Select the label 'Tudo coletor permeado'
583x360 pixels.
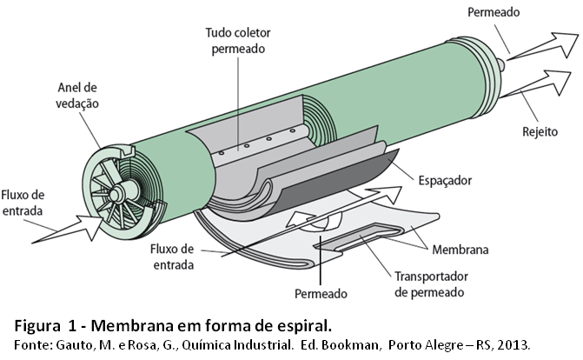coord(236,41)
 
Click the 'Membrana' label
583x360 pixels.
coord(460,250)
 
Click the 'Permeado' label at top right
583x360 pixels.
coord(493,13)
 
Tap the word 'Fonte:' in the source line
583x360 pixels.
coord(30,345)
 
